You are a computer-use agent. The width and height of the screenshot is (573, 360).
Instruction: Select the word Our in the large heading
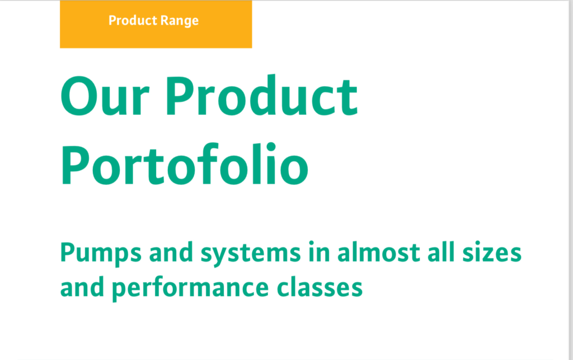tap(105, 96)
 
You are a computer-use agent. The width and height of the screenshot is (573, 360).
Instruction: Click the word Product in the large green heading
tap(262, 95)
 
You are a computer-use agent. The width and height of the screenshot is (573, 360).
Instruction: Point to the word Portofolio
tap(185, 164)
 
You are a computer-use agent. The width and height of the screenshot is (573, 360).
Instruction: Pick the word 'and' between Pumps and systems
tap(171, 252)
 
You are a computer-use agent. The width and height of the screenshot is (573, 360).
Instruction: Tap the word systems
tap(251, 254)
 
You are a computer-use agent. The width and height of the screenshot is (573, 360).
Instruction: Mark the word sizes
tap(492, 252)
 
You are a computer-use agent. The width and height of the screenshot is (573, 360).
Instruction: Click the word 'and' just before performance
tap(82, 287)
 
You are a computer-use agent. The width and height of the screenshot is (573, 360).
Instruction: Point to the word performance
tap(190, 289)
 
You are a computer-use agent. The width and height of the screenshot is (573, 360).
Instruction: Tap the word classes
tap(320, 287)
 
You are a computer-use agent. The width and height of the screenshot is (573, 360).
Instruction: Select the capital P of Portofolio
tap(76, 165)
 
